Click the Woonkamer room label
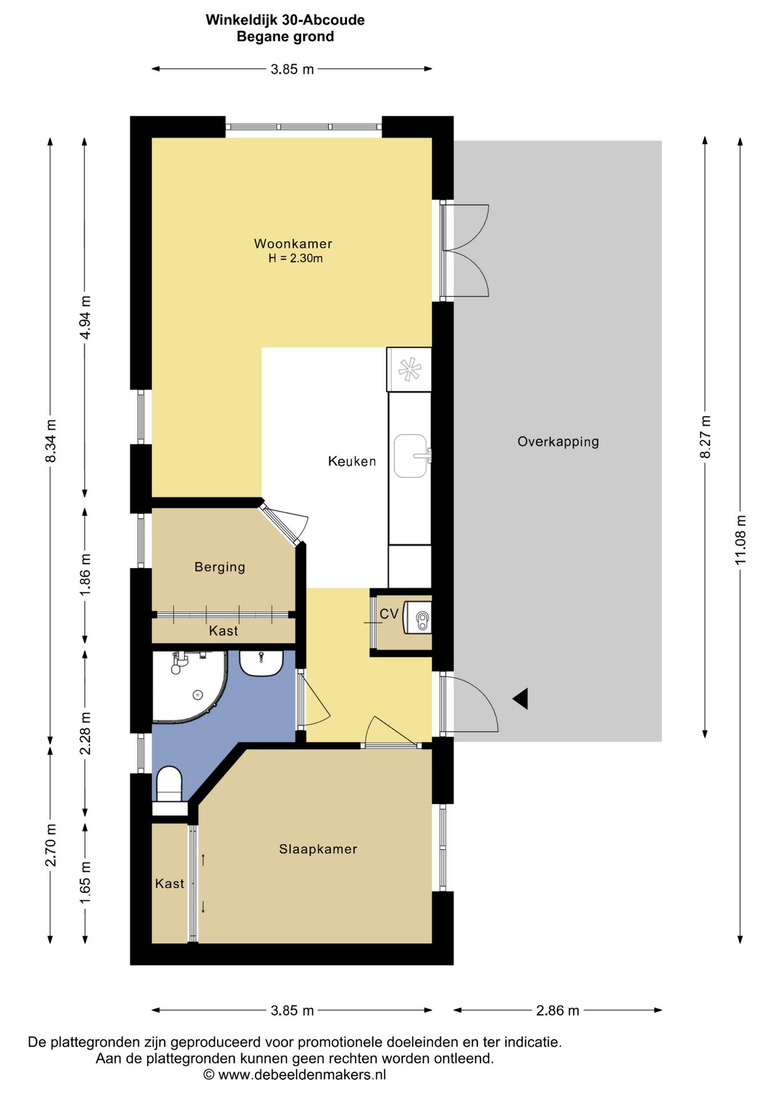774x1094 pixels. coord(293,244)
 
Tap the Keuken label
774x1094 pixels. coord(352,461)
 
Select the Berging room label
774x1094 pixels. coord(220,567)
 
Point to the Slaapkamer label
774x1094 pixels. coord(318,849)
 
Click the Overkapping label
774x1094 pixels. coord(558,442)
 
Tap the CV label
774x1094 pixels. coord(389,614)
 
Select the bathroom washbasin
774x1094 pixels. coord(262,663)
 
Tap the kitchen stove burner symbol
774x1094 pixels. coord(409,369)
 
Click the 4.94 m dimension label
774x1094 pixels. coord(85,317)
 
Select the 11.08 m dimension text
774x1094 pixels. coord(740,540)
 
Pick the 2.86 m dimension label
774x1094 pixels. coord(557,1010)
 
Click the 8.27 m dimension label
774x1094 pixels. coord(705,437)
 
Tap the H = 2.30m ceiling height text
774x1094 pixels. coord(296,259)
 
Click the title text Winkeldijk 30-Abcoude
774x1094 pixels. coord(285,20)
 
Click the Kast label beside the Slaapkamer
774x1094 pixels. coord(170,884)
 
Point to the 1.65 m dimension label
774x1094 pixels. coord(85,882)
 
